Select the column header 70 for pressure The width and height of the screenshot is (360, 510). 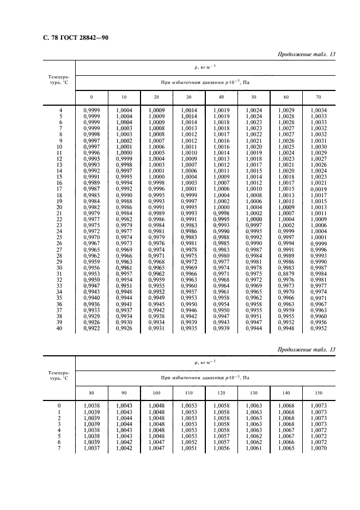point(318,97)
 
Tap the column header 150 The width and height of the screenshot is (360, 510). point(318,392)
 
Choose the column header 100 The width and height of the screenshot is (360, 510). point(156,392)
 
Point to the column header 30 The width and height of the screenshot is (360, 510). point(188,97)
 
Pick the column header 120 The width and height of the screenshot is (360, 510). point(221,392)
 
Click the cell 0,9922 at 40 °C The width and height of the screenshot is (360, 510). point(91,329)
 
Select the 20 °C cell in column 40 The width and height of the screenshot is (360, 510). point(221,207)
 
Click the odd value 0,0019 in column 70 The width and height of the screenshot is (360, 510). point(319,189)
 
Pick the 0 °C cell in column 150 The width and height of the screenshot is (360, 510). point(319,405)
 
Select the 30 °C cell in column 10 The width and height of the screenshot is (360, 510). point(124,268)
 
